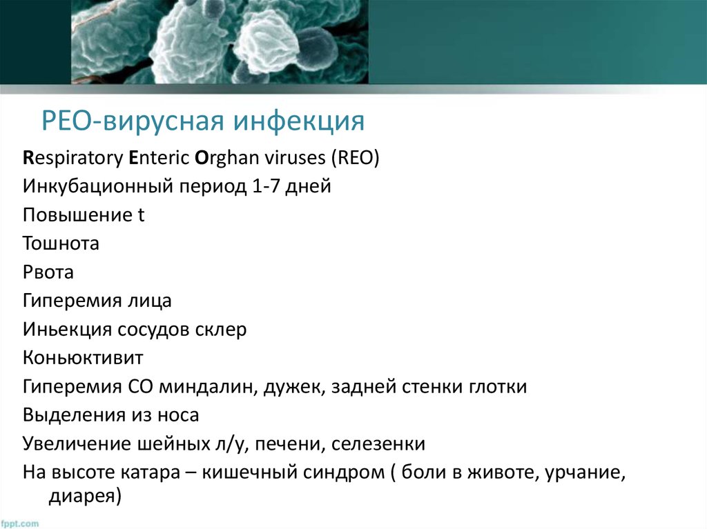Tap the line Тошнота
[61, 243]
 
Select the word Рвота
[48, 272]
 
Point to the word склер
[221, 330]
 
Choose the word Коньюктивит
[82, 359]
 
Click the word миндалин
[210, 387]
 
